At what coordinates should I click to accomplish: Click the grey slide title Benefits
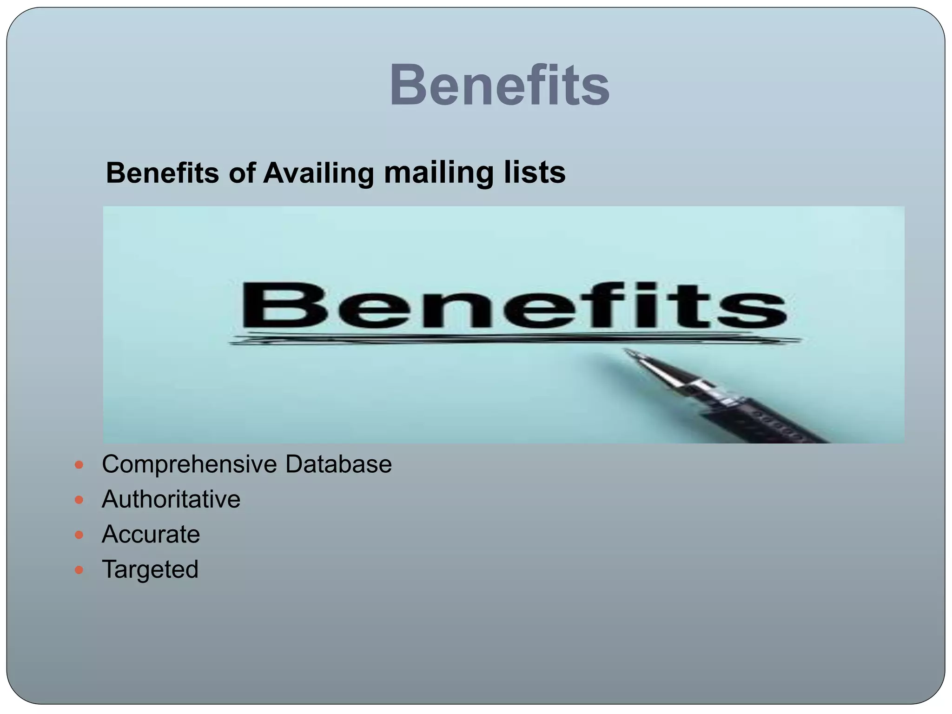[499, 86]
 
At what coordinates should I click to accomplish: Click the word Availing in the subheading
[318, 173]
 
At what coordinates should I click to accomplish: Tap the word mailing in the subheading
[438, 173]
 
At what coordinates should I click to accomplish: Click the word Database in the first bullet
[338, 464]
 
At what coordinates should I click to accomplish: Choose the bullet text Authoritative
[171, 499]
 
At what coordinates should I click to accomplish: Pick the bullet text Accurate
[151, 534]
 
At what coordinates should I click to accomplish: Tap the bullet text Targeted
[150, 569]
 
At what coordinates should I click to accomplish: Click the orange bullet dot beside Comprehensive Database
[79, 464]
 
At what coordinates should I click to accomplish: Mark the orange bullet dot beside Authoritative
[79, 500]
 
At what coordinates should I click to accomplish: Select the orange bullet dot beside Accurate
[79, 535]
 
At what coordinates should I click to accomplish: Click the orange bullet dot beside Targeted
[79, 569]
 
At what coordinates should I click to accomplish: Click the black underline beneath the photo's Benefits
[511, 340]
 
